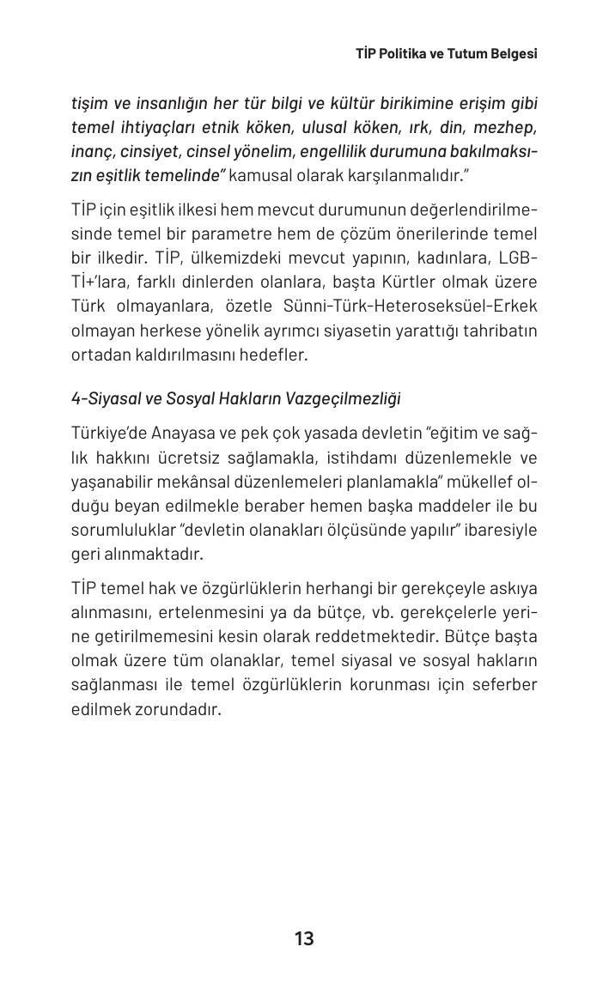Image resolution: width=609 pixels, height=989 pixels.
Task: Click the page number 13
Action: coord(304,938)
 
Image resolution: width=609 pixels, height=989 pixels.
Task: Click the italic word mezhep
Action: coord(508,127)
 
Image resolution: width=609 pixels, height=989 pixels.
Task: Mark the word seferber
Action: coord(504,685)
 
